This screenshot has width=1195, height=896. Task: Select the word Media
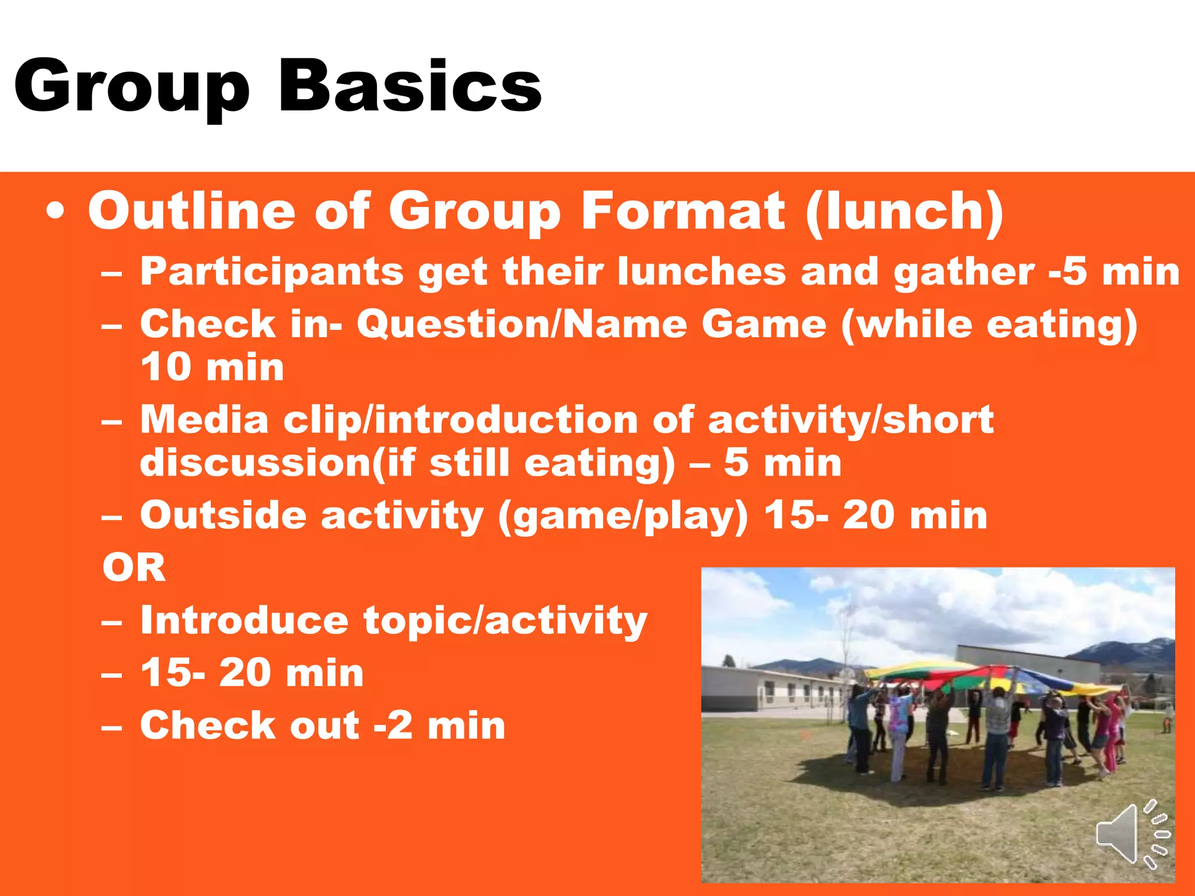(204, 419)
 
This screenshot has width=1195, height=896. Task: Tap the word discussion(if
(278, 463)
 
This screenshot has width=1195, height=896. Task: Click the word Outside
(223, 516)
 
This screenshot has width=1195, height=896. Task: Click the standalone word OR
(134, 568)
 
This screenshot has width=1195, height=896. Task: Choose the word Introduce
(244, 620)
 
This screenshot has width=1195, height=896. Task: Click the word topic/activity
(505, 621)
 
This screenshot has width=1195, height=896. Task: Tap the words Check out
(250, 726)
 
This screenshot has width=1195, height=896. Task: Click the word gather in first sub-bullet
(963, 272)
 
